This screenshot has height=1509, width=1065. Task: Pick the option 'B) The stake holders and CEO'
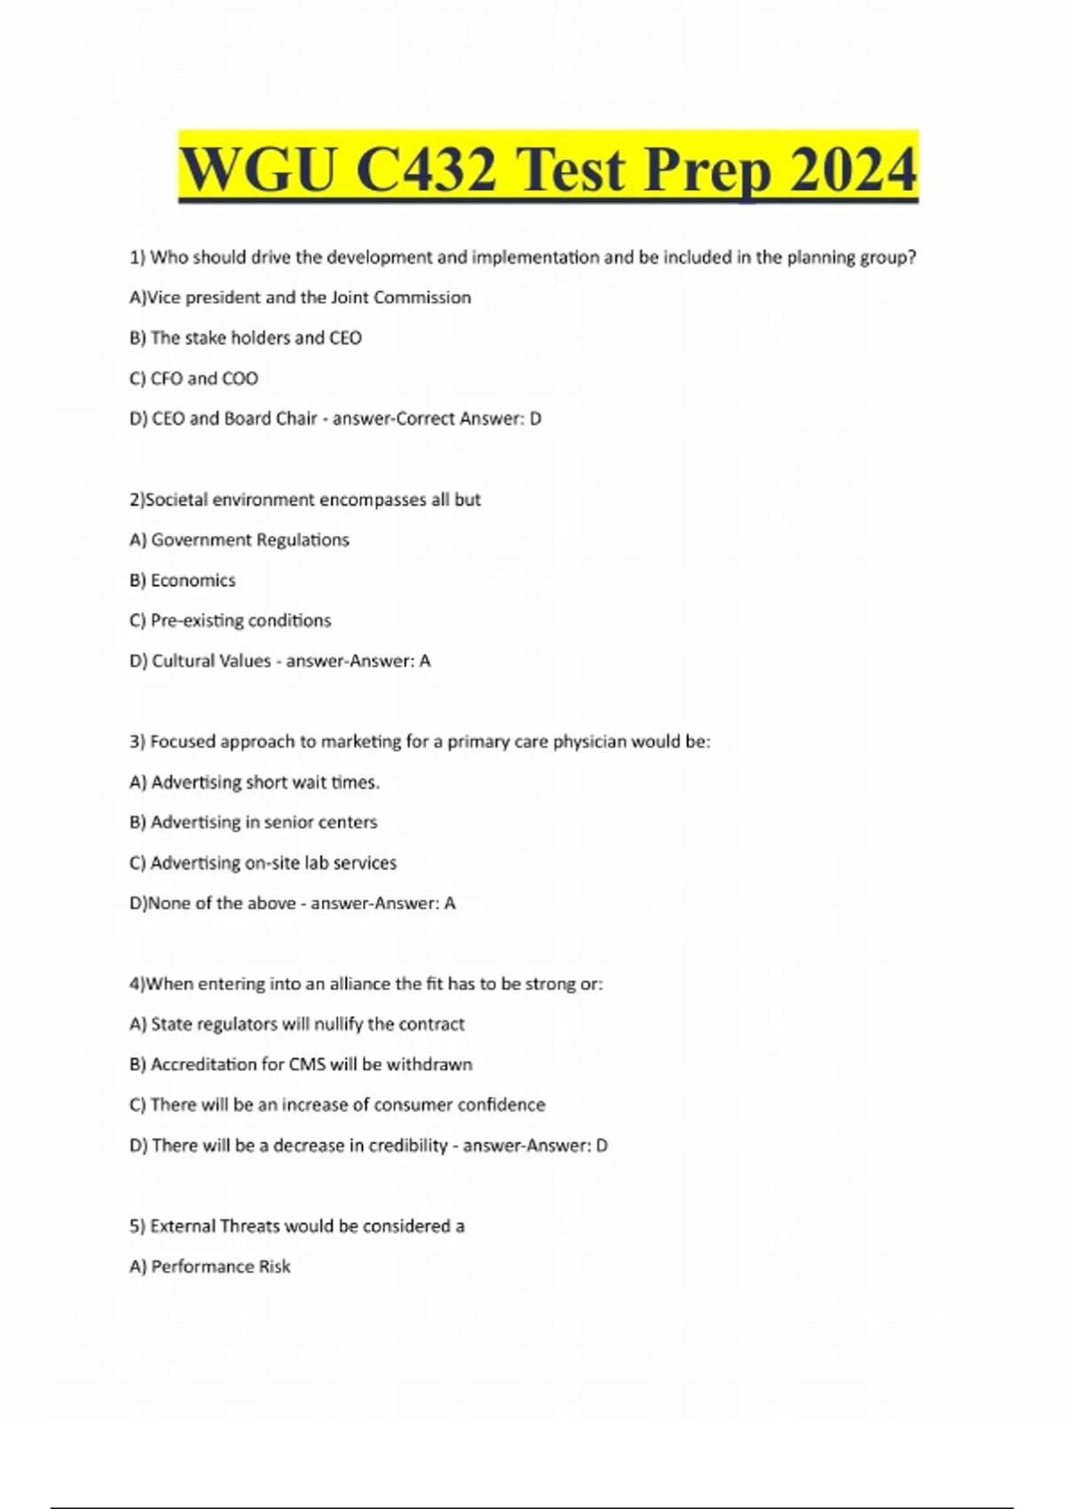(x=245, y=338)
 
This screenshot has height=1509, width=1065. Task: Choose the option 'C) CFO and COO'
(x=193, y=378)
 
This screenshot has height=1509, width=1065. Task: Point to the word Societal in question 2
(x=177, y=500)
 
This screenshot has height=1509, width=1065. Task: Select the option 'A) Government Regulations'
(x=239, y=540)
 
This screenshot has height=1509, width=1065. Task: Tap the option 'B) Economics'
(x=182, y=581)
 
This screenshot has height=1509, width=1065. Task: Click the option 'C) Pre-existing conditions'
(x=230, y=620)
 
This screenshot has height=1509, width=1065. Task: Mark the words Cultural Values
(x=211, y=661)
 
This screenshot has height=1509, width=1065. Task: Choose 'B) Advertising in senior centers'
(x=253, y=822)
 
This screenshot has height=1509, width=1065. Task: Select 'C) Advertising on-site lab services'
(x=263, y=863)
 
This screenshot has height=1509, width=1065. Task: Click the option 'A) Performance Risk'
(x=209, y=1267)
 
